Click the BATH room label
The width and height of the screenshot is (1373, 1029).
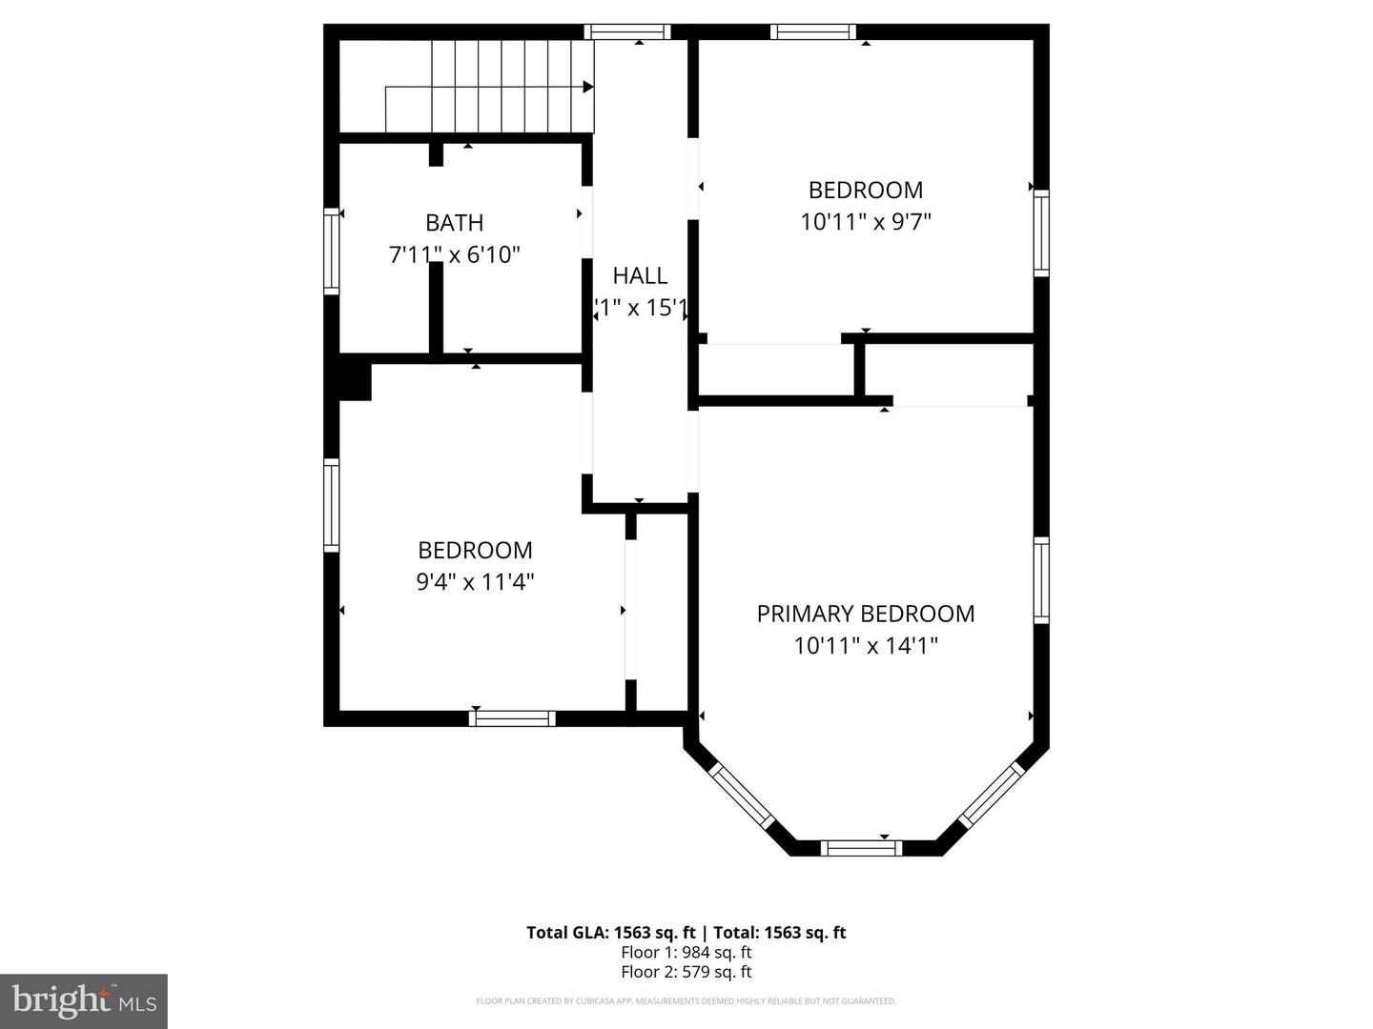click(x=454, y=223)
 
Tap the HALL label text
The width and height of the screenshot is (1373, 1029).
click(x=640, y=275)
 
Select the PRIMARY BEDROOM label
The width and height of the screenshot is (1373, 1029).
click(x=866, y=614)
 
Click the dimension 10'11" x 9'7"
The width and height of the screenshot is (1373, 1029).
click(x=866, y=222)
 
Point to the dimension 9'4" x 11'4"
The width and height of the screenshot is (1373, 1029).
click(x=475, y=581)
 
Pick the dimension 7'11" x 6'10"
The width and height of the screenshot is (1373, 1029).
click(x=454, y=255)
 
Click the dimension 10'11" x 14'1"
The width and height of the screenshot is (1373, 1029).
click(x=866, y=646)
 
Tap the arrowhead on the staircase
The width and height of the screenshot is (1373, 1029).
click(x=588, y=87)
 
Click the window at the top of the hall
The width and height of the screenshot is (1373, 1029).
click(x=627, y=31)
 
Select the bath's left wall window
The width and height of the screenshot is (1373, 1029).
click(x=331, y=251)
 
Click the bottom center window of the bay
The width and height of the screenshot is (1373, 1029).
click(x=861, y=847)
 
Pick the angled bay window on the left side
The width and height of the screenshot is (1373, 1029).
click(x=743, y=796)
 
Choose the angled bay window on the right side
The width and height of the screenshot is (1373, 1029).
click(x=992, y=794)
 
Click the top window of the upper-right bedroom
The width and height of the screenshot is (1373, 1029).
click(x=813, y=31)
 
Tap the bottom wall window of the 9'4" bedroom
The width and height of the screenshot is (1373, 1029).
click(x=512, y=717)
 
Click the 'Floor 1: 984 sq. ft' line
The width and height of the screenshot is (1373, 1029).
click(x=686, y=952)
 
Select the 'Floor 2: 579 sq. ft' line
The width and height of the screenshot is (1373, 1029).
click(x=686, y=972)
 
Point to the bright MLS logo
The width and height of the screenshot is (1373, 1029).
click(x=84, y=1000)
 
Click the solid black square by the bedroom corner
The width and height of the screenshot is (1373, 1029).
click(x=355, y=379)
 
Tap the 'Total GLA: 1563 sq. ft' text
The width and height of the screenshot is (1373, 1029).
click(x=610, y=933)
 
